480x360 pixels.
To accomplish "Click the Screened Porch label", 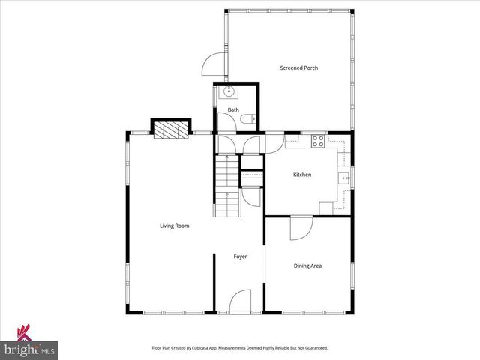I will coord(299,68).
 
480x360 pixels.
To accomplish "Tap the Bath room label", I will coord(233,110).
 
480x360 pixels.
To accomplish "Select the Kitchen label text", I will coord(301,175).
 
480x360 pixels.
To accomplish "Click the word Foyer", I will coord(240,256).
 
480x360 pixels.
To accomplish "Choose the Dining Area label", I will coord(307,265).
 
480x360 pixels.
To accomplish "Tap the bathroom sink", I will coord(229,92).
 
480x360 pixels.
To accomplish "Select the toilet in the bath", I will coord(253,118).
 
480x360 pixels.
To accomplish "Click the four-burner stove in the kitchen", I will coord(318,139).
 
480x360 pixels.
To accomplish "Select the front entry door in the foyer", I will coord(240,301).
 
